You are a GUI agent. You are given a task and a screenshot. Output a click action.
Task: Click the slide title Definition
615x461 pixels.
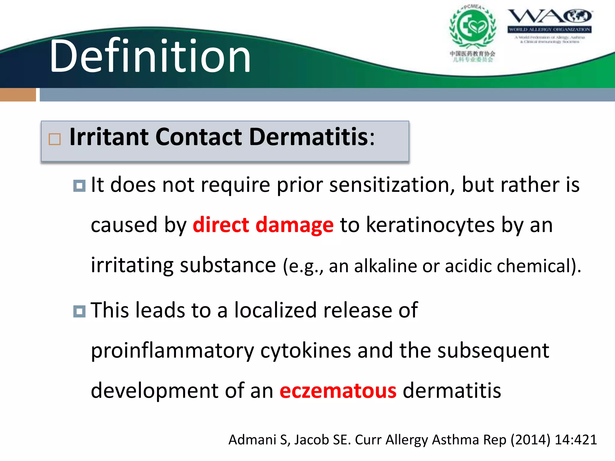150,56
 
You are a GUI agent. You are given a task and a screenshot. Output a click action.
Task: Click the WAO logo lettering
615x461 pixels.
549,16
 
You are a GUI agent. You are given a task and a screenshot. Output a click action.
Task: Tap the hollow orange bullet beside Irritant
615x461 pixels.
55,139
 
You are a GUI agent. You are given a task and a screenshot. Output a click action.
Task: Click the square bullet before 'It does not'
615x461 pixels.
79,186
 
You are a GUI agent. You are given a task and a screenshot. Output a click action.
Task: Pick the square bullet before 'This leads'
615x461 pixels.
79,311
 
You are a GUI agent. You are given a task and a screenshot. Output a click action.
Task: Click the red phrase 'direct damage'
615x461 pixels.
263,225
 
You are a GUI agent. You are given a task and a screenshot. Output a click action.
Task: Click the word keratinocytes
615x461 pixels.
430,225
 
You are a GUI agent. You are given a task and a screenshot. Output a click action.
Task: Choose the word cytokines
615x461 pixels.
305,351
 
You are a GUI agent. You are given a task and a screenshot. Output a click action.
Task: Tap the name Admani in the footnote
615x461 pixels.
252,440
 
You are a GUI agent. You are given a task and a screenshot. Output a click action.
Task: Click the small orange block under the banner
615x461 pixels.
18,95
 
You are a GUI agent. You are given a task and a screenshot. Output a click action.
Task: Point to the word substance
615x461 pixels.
228,265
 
